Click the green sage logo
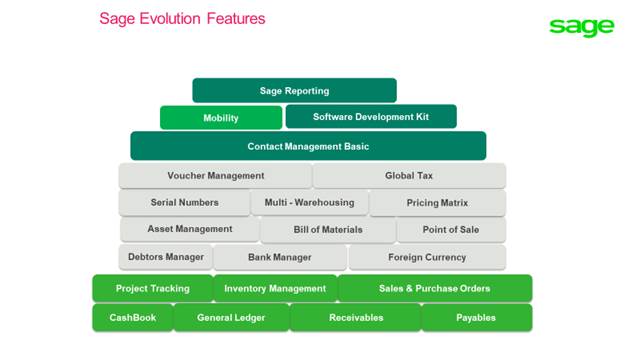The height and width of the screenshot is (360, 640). (581, 27)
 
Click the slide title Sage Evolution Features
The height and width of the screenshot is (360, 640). (182, 19)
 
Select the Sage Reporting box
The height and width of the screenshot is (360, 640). (294, 91)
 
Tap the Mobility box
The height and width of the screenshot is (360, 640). (221, 118)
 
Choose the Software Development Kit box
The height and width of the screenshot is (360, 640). (370, 117)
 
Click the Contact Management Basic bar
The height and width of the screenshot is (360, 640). (308, 146)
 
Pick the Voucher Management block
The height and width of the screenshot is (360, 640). (215, 176)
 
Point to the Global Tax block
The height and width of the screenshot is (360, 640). (409, 176)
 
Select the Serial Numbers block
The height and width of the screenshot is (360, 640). (184, 203)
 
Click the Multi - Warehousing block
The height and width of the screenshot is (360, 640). (308, 203)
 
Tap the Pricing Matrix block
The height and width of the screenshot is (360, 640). (437, 203)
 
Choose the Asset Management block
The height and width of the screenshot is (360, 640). (190, 230)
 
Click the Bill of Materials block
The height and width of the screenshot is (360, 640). (328, 230)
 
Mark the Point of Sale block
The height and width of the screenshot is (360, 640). (450, 230)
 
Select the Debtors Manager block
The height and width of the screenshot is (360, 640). (166, 257)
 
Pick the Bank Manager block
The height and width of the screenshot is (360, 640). (278, 257)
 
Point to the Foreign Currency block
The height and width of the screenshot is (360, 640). (427, 257)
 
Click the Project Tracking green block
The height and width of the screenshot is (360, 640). (152, 289)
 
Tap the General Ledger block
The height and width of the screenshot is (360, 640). (231, 318)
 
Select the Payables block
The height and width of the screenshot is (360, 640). (476, 318)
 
